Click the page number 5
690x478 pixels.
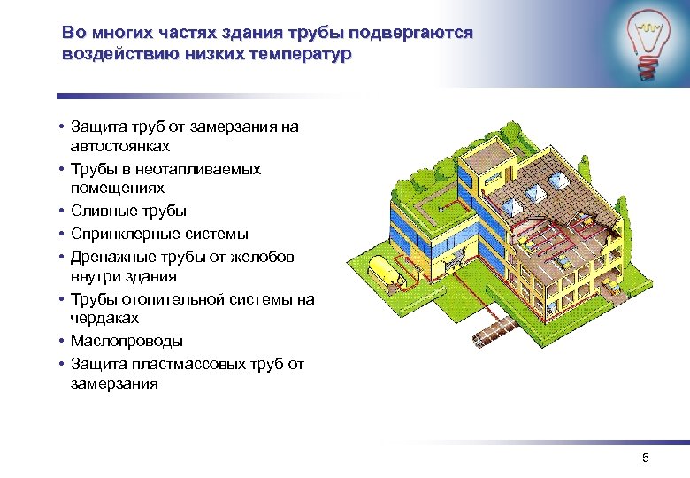coord(645,458)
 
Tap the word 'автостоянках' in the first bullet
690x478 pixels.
coord(120,146)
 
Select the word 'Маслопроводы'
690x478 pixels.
coord(126,341)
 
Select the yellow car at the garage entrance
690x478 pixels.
coord(458,256)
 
